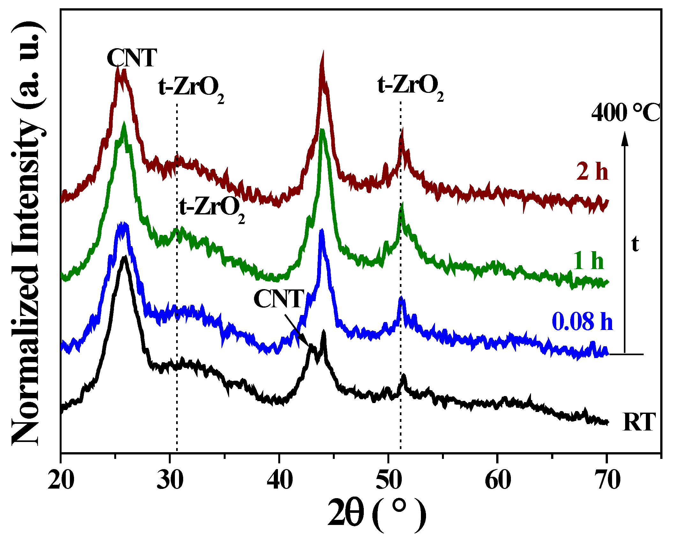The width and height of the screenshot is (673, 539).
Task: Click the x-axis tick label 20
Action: (x=61, y=480)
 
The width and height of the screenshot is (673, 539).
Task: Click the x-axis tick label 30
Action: (x=170, y=480)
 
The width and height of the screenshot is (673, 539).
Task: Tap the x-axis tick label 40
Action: (x=280, y=480)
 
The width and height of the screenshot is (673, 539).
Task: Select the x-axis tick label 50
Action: (x=389, y=480)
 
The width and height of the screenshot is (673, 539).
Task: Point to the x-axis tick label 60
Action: (x=498, y=480)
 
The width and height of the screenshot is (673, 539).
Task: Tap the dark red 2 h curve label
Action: (x=592, y=171)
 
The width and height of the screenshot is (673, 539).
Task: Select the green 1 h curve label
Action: (x=588, y=260)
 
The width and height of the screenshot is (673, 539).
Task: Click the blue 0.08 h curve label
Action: (x=582, y=321)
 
